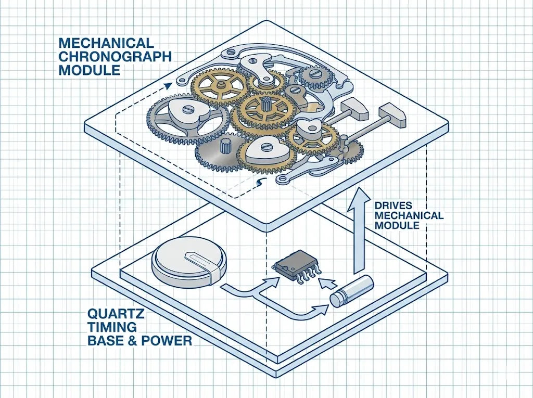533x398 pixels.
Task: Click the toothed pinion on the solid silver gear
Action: coord(225,146)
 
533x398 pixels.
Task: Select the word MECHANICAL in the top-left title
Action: coord(106,42)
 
